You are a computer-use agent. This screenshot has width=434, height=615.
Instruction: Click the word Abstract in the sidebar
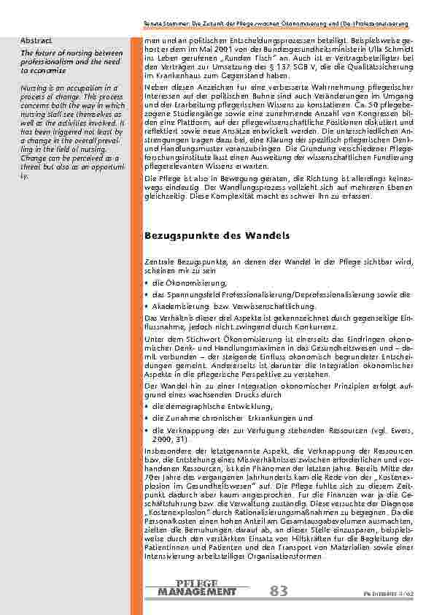coord(36,39)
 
